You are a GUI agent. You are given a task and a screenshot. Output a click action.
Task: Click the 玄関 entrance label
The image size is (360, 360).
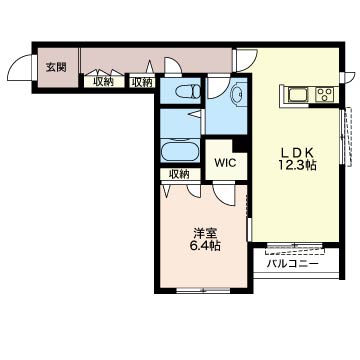(x=56, y=67)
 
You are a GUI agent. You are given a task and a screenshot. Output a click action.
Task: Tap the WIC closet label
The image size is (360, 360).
(x=226, y=163)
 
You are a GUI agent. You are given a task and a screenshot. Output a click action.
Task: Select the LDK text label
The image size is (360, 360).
(x=297, y=153)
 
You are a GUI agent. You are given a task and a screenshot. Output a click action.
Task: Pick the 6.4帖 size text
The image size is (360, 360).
(x=205, y=246)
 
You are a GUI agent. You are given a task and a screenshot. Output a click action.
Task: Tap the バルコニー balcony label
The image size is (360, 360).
(x=292, y=264)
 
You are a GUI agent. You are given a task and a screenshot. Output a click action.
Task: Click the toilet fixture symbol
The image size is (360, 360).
(x=188, y=92)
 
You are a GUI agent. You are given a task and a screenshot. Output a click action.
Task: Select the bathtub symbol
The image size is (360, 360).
(x=180, y=152)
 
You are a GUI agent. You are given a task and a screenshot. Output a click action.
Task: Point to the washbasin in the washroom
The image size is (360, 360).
(x=239, y=95)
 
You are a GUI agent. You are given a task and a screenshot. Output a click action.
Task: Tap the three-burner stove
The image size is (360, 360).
(x=325, y=94)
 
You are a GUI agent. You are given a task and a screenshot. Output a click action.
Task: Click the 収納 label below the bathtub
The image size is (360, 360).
(x=180, y=174)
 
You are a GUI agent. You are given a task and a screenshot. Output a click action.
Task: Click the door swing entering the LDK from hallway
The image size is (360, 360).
(x=246, y=60)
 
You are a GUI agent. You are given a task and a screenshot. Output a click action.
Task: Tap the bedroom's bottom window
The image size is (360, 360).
(x=203, y=290)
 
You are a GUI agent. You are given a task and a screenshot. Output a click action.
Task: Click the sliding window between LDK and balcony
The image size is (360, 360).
(x=295, y=246)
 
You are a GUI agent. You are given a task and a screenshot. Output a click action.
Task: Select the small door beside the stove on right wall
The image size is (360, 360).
(x=347, y=77)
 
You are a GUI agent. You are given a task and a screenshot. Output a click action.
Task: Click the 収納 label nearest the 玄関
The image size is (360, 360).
(x=103, y=82)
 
